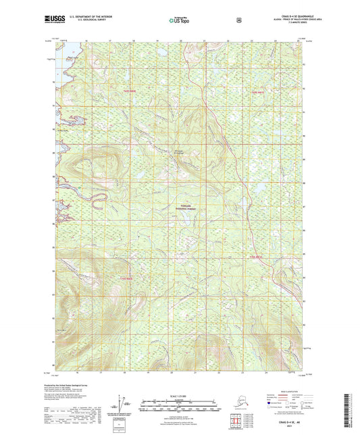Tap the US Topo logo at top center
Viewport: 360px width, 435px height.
[180, 20]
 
